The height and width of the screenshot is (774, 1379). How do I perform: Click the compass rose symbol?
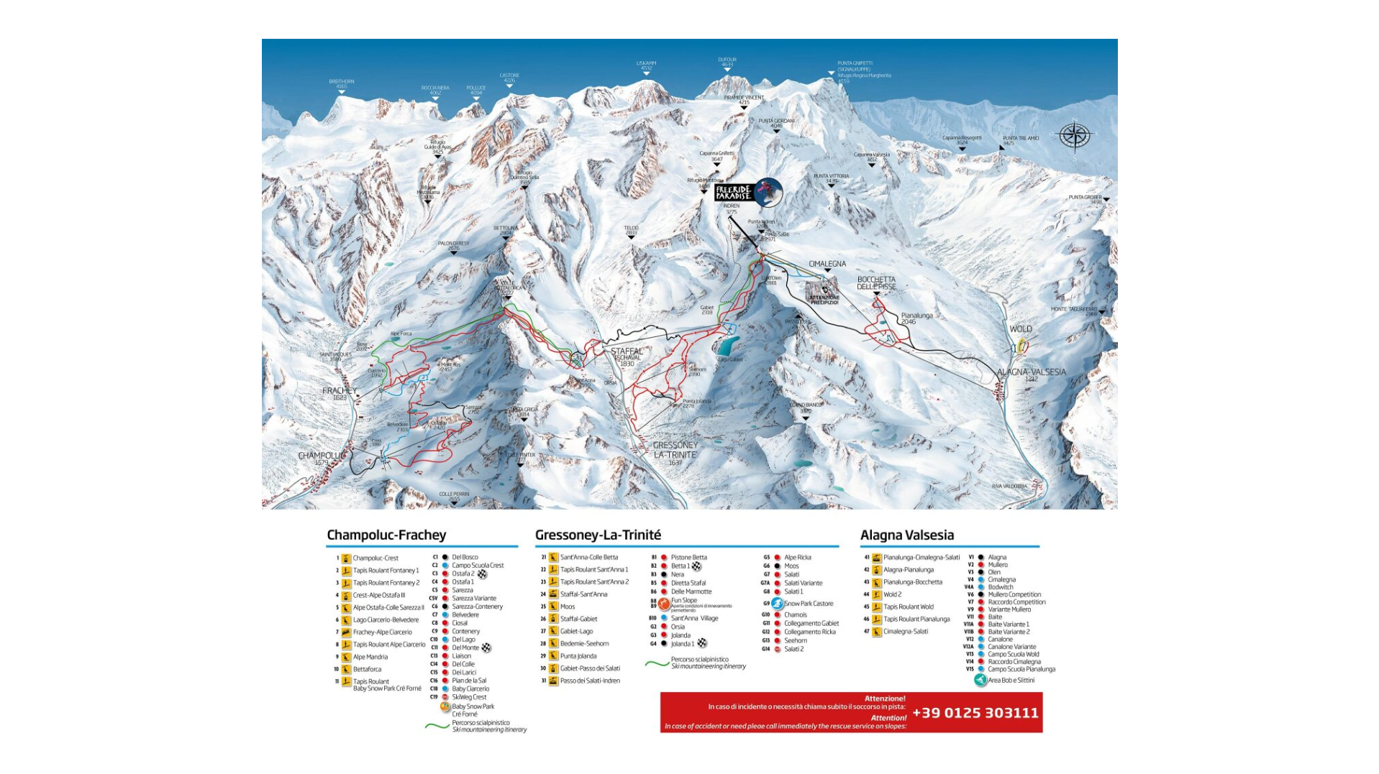pyautogui.click(x=1074, y=135)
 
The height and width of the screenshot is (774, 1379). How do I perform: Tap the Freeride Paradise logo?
pyautogui.click(x=748, y=192)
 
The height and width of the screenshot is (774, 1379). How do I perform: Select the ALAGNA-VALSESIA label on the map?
pyautogui.click(x=1031, y=372)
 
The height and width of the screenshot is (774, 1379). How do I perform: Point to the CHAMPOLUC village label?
pyautogui.click(x=321, y=456)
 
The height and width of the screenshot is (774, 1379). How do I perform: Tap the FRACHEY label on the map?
pyautogui.click(x=340, y=392)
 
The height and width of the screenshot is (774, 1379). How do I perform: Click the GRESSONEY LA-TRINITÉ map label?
pyautogui.click(x=675, y=450)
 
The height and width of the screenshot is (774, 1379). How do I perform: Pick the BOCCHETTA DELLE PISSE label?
pyautogui.click(x=876, y=282)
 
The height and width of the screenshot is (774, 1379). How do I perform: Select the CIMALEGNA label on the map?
pyautogui.click(x=827, y=264)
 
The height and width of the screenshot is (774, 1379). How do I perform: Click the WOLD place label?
pyautogui.click(x=1020, y=329)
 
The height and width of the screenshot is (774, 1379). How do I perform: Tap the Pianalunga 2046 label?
pyautogui.click(x=916, y=317)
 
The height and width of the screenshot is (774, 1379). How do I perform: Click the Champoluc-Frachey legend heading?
pyautogui.click(x=386, y=535)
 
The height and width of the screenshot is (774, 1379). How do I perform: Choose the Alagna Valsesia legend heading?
pyautogui.click(x=906, y=535)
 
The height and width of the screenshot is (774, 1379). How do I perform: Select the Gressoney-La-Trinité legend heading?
pyautogui.click(x=598, y=535)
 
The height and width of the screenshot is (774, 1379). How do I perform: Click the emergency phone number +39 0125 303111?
pyautogui.click(x=975, y=713)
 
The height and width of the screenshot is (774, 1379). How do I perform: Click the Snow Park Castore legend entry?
pyautogui.click(x=808, y=604)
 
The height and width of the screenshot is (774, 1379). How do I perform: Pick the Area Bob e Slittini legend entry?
pyautogui.click(x=1010, y=680)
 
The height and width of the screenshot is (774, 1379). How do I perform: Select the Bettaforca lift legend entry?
pyautogui.click(x=367, y=669)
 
